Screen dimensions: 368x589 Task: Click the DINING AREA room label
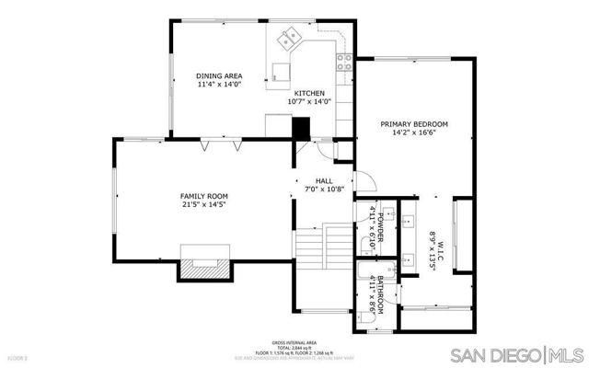pyautogui.click(x=218, y=76)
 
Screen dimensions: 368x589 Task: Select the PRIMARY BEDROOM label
pyautogui.click(x=415, y=123)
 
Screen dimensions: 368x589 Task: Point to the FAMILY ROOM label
pyautogui.click(x=203, y=196)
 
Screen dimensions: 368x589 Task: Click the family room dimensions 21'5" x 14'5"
pyautogui.click(x=203, y=205)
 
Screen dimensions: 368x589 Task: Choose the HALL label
pyautogui.click(x=323, y=181)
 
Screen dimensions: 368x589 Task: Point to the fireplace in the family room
pyautogui.click(x=204, y=264)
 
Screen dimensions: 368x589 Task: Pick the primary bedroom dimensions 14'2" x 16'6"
pyautogui.click(x=415, y=132)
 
